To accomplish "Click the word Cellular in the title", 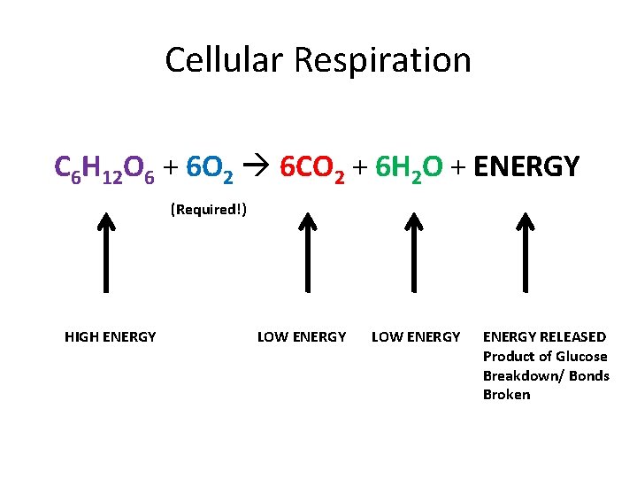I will point(226,60).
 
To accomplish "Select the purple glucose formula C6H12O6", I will point(104,166).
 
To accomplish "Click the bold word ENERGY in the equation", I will point(527,166).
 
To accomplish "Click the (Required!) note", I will point(208,210).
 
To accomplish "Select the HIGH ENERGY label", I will point(111,336).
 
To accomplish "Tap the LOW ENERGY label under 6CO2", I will point(302,336).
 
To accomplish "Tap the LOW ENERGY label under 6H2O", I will point(416,336).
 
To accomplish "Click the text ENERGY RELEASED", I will point(544,336).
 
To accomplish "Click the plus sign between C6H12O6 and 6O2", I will point(172,166).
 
